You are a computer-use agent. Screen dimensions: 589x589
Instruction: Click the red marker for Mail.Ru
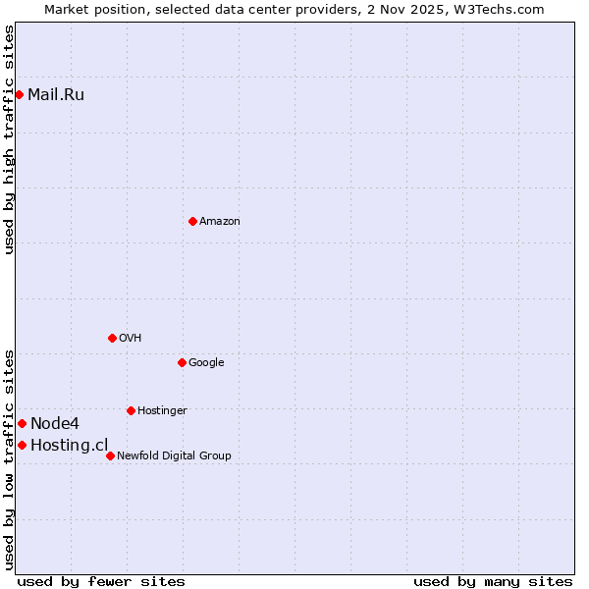(x=19, y=94)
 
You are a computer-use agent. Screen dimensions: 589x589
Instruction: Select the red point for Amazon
(x=192, y=221)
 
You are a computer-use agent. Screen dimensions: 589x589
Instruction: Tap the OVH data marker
(x=112, y=338)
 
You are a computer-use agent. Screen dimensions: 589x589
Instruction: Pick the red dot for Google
(x=182, y=362)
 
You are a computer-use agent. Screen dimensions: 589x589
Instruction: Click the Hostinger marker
(x=131, y=410)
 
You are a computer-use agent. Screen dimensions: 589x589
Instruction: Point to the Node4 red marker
(x=22, y=423)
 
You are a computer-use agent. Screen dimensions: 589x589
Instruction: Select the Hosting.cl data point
(x=22, y=445)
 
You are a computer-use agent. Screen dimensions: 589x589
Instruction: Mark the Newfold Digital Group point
(x=110, y=455)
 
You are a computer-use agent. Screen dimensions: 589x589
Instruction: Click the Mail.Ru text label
(x=56, y=94)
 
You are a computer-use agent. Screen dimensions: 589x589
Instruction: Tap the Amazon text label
(x=220, y=222)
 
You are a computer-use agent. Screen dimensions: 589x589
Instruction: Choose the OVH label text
(x=131, y=339)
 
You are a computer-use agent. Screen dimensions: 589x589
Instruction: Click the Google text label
(x=206, y=363)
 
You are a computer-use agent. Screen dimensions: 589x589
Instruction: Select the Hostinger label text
(x=162, y=411)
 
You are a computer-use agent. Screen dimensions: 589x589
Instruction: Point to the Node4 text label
(x=55, y=424)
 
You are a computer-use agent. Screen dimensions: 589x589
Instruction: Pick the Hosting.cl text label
(x=69, y=446)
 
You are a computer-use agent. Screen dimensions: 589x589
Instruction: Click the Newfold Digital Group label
(x=174, y=456)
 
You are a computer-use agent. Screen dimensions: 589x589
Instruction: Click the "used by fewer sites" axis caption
(x=101, y=581)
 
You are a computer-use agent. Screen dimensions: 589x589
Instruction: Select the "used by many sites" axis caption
(x=493, y=581)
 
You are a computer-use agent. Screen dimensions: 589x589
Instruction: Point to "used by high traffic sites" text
(x=10, y=139)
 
